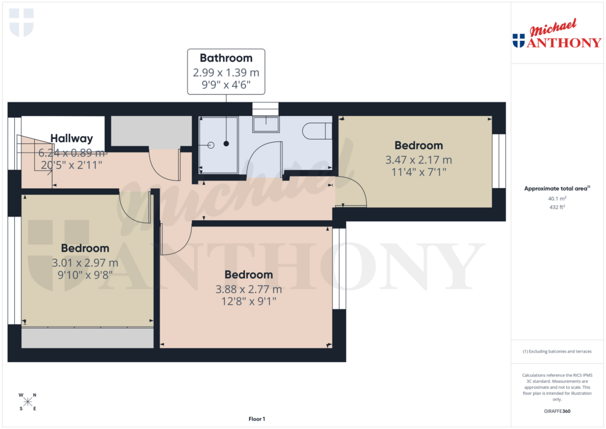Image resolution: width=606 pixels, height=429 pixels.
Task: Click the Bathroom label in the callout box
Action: click(226, 58)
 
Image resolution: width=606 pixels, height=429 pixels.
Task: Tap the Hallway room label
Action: click(72, 138)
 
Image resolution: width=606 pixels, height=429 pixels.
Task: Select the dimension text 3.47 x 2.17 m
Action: click(418, 160)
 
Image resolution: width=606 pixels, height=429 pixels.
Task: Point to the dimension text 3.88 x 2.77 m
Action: click(249, 289)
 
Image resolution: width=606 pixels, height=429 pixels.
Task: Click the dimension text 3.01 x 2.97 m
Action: click(85, 263)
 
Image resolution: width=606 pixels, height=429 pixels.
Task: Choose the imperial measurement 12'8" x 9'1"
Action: click(249, 301)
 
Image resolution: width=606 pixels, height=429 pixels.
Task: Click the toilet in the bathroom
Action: click(317, 130)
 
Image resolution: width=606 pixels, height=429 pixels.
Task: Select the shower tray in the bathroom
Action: click(218, 145)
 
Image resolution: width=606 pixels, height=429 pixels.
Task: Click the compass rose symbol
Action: click(28, 402)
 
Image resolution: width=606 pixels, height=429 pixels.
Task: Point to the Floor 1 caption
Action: click(257, 419)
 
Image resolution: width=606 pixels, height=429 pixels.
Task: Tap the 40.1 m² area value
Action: click(556, 199)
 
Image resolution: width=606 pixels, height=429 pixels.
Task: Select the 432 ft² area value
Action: click(556, 207)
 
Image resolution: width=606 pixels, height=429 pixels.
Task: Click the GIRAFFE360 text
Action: click(556, 411)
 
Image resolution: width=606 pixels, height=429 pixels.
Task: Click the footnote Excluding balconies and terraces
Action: click(556, 351)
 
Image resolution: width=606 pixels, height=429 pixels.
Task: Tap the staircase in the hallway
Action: click(33, 153)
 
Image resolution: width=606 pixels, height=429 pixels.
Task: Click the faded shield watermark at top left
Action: click(22, 22)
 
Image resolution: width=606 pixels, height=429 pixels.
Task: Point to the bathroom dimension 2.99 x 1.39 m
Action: click(226, 73)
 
